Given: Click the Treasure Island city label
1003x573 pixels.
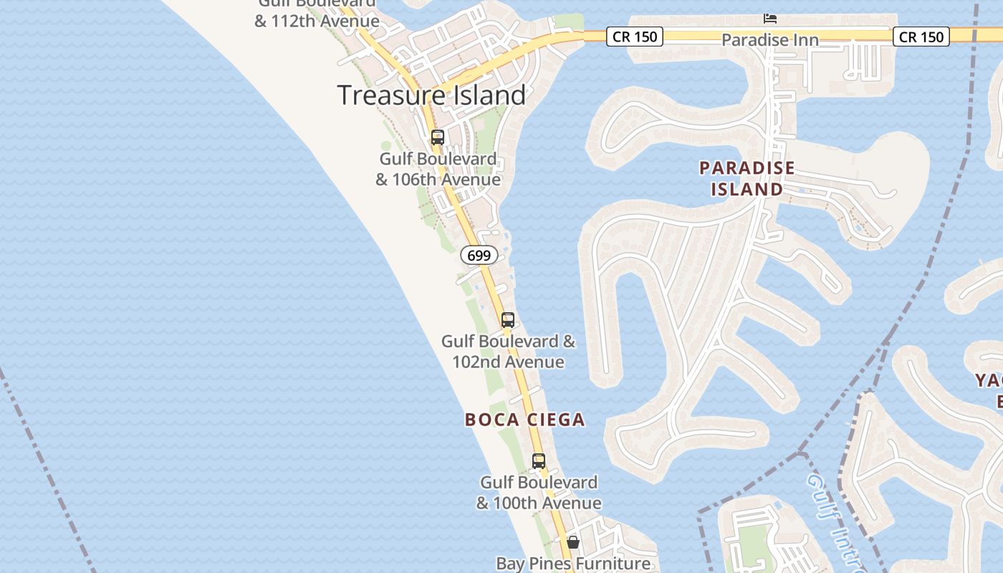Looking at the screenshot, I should [x=431, y=95].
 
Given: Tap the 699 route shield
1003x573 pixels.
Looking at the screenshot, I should [x=479, y=255].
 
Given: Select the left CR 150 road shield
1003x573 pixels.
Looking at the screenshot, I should [x=635, y=37].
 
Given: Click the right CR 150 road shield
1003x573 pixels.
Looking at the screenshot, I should [x=921, y=37].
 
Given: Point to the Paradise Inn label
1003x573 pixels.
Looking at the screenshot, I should [x=769, y=40].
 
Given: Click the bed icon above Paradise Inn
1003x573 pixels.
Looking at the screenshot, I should [x=770, y=18].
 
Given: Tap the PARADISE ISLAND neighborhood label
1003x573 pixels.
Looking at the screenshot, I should [x=747, y=178].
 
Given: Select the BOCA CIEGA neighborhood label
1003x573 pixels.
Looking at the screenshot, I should [x=524, y=420].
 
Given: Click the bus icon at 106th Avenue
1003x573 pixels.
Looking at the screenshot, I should [x=438, y=138].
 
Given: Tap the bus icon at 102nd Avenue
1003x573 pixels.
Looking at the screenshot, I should [x=508, y=320].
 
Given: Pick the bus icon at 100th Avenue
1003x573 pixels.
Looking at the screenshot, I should [x=539, y=461].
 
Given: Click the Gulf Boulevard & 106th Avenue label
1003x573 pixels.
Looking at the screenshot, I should [x=438, y=169].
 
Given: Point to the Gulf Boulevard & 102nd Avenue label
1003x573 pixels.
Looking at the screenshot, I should [x=508, y=351].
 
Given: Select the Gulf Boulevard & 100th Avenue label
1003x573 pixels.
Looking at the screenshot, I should [x=539, y=493].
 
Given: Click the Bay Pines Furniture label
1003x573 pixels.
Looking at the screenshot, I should [x=573, y=564].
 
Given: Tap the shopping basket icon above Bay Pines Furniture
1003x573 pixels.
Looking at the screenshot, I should [x=573, y=542].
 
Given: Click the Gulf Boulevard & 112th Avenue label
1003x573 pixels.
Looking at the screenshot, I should [x=317, y=13].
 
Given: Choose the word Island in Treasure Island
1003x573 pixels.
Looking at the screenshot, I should [x=485, y=95].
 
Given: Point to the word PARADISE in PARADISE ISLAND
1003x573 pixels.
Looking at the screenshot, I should [x=747, y=168].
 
